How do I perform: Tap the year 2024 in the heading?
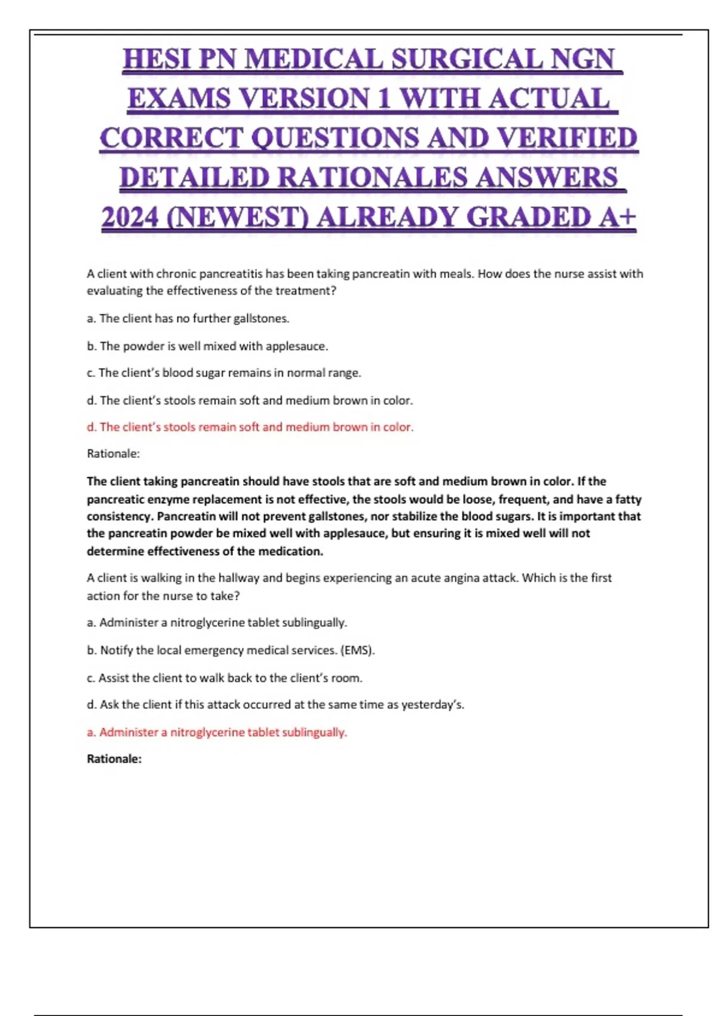coord(129,218)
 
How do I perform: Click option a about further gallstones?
coord(188,319)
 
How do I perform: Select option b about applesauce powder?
coord(207,346)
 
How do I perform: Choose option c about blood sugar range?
coord(223,373)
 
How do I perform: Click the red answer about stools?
coord(250,427)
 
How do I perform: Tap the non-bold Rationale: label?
coord(113,454)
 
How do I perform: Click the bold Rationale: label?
coord(114,759)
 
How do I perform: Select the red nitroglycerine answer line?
coord(217,732)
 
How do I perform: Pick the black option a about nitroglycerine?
coord(217,623)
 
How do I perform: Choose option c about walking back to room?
coord(224,678)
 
